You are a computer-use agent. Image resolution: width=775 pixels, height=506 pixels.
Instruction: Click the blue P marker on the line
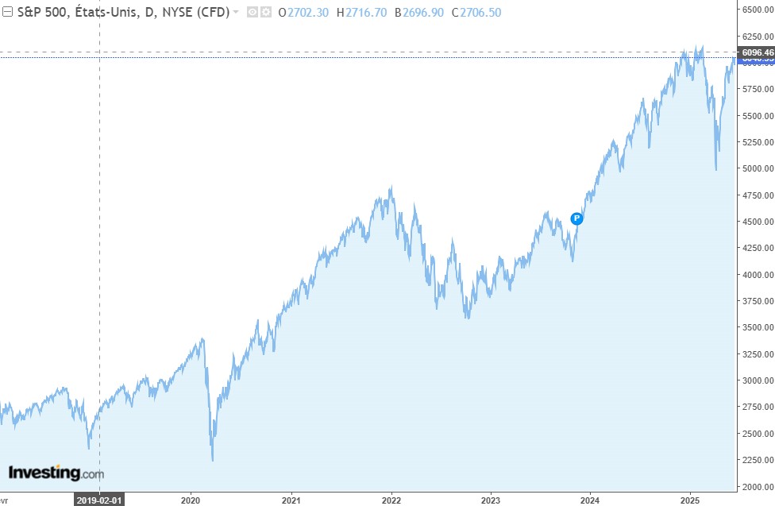pyautogui.click(x=577, y=218)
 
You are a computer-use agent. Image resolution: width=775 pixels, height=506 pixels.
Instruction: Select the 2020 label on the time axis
pyautogui.click(x=191, y=500)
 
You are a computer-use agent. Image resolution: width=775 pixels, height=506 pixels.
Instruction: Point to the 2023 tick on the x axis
pyautogui.click(x=491, y=500)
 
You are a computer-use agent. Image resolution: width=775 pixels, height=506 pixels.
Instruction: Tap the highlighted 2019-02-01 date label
pyautogui.click(x=99, y=500)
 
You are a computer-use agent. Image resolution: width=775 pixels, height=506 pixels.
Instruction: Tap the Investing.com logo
pyautogui.click(x=56, y=473)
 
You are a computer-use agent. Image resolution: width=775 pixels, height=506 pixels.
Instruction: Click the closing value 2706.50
pyautogui.click(x=481, y=12)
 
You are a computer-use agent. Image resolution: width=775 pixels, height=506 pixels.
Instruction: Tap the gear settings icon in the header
pyautogui.click(x=266, y=12)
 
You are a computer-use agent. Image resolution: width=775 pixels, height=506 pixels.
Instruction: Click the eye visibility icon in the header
pyautogui.click(x=253, y=12)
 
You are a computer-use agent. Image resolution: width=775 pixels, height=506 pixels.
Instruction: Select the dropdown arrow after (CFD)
pyautogui.click(x=236, y=12)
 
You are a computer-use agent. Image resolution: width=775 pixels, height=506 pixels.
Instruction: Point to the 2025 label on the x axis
pyautogui.click(x=689, y=500)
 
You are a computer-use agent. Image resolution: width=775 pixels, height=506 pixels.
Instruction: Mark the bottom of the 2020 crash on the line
pyautogui.click(x=212, y=460)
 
